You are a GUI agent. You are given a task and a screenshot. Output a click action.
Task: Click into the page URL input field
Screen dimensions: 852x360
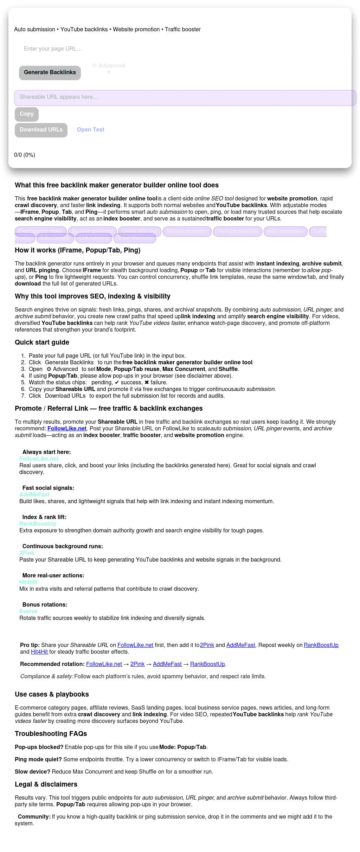click(105, 49)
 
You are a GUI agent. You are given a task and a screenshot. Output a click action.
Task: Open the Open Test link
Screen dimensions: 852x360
click(91, 130)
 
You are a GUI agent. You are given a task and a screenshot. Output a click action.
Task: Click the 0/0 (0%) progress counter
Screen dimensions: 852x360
click(25, 155)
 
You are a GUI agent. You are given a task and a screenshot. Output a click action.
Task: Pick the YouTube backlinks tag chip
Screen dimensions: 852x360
click(237, 231)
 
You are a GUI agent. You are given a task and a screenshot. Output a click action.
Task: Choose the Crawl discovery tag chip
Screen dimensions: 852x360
click(135, 238)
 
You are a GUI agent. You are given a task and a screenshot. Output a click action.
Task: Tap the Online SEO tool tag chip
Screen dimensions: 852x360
click(140, 231)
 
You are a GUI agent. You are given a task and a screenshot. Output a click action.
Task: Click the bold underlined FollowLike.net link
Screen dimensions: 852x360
click(67, 429)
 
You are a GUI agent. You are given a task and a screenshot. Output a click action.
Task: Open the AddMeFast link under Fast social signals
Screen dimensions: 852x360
click(34, 495)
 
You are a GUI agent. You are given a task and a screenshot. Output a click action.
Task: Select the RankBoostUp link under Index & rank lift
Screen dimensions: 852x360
click(38, 524)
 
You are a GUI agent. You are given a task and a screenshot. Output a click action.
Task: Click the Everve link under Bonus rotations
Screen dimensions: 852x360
click(28, 611)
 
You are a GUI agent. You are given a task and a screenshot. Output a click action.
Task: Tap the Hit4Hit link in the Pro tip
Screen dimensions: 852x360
click(39, 652)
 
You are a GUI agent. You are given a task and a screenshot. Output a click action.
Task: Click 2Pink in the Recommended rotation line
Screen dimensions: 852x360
click(137, 664)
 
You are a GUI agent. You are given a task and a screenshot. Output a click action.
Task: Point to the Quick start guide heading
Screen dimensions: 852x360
click(42, 342)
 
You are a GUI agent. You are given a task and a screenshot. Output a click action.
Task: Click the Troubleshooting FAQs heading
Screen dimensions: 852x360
click(51, 734)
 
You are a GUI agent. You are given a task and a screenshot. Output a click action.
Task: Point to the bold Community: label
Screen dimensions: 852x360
click(34, 817)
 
